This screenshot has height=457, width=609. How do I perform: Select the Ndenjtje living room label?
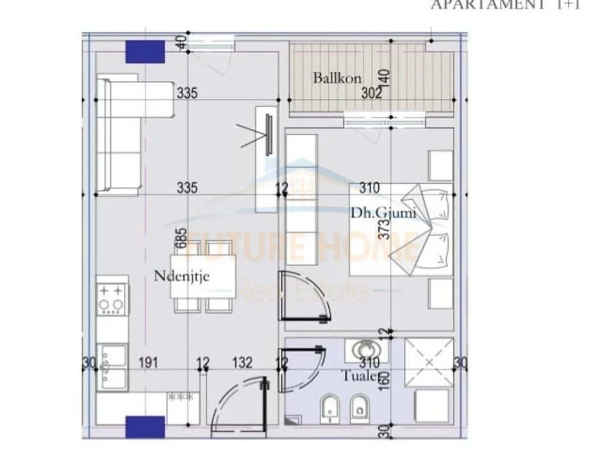pos(182,277)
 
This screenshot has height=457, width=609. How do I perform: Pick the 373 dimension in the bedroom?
pos(384,227)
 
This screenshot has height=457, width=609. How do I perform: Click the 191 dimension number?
pos(149,363)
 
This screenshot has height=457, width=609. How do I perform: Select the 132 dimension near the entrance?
pos(242,363)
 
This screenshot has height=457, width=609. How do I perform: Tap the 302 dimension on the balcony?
pos(371,93)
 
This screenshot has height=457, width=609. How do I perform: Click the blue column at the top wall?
pos(145,51)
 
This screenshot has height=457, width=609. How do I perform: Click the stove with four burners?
pos(110,298)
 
